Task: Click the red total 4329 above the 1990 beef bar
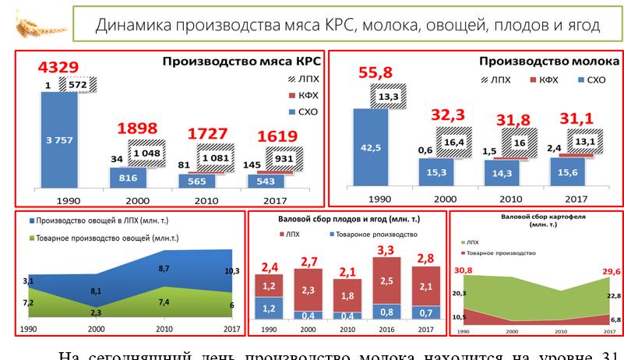(44, 66)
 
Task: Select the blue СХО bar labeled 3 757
(58, 140)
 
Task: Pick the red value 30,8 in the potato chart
(464, 270)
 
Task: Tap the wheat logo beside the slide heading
(30, 26)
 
